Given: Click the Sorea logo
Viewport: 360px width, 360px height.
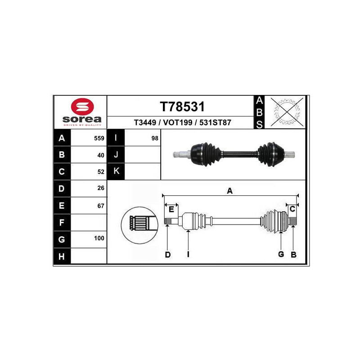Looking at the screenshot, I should point(82,111).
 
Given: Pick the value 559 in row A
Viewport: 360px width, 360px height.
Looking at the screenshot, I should point(99,139).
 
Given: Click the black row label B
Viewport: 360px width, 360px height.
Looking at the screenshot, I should point(62,155).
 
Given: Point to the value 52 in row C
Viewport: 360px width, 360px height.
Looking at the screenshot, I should point(101,171).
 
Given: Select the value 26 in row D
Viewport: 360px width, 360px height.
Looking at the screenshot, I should point(101,189).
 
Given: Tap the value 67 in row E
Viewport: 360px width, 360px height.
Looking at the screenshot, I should point(101,206).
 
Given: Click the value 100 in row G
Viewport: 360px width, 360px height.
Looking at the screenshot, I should point(99,238).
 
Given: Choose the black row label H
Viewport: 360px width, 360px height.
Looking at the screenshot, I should point(62,256).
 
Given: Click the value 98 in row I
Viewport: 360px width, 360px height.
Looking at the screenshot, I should point(155,139).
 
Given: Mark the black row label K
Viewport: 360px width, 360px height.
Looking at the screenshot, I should point(116,171).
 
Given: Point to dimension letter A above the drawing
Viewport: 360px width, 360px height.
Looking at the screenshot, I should point(229,191).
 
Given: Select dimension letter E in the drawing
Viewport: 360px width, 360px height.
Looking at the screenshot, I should point(171,210).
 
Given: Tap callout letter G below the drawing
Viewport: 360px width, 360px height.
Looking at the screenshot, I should point(281,255).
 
